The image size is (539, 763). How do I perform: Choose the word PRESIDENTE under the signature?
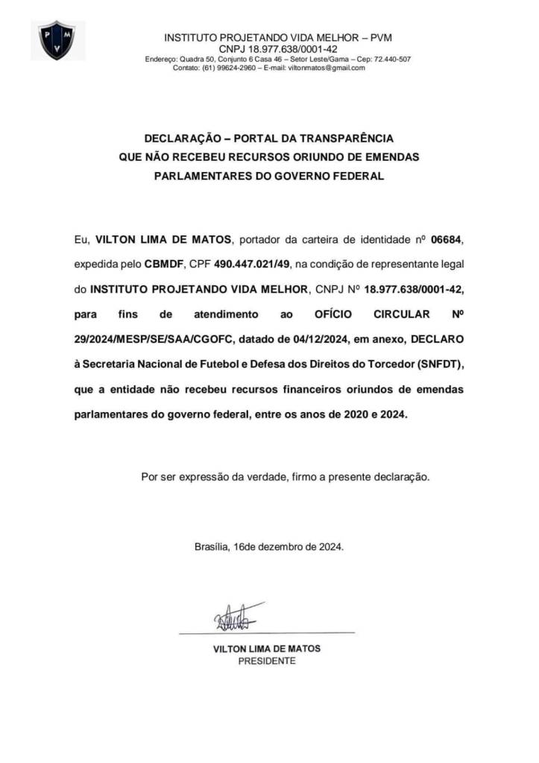tap(267, 660)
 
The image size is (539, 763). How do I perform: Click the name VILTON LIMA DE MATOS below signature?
tap(267, 648)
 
